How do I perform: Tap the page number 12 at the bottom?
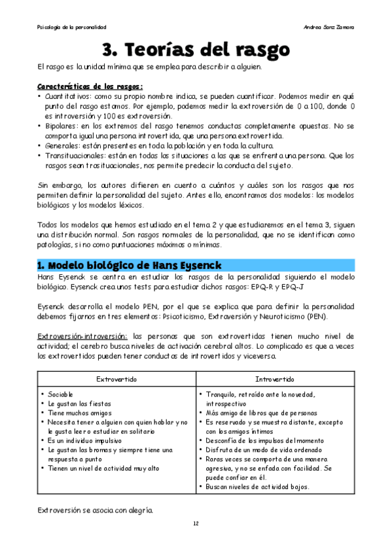click(x=196, y=524)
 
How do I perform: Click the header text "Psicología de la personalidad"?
click(x=72, y=27)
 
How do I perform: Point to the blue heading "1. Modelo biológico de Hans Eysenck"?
click(x=128, y=264)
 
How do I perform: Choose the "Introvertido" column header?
click(x=275, y=379)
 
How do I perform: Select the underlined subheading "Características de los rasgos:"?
click(x=90, y=86)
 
